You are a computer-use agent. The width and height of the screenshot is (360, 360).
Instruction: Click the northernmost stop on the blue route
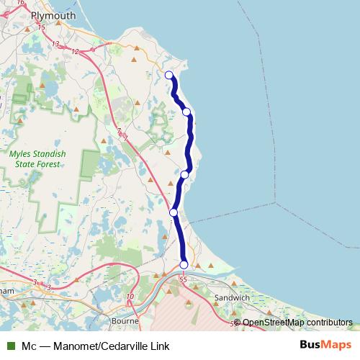[x=169, y=75]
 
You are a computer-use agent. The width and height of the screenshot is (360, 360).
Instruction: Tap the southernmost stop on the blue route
[x=184, y=265]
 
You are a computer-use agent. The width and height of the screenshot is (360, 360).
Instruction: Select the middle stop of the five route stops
[x=184, y=174]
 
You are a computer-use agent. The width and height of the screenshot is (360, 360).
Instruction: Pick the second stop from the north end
[x=186, y=112]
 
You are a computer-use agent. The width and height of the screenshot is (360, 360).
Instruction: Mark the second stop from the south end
[x=174, y=212]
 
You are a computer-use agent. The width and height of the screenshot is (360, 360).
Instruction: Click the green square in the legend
[x=11, y=346]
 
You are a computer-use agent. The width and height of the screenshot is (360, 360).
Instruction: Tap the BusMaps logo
[x=325, y=345]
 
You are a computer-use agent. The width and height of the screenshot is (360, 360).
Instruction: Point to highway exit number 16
[x=20, y=3]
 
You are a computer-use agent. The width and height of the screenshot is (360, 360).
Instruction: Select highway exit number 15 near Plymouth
[x=41, y=27]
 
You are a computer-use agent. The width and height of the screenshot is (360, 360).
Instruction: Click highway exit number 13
[x=55, y=45]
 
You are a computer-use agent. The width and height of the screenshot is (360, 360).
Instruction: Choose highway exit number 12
[x=74, y=51]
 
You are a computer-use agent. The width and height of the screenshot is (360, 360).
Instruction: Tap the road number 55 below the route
[x=183, y=278]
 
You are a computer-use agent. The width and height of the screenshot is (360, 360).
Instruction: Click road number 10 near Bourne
[x=130, y=296]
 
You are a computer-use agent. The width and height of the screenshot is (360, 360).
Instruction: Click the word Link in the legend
[x=160, y=346]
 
